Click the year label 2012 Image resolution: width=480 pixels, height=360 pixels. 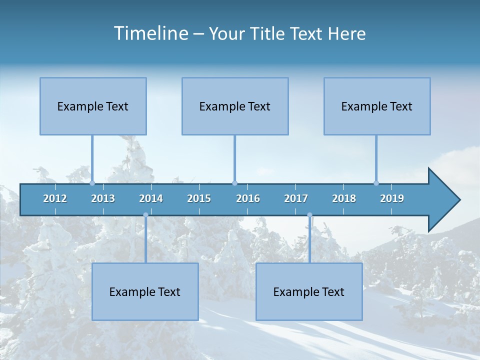click(55, 198)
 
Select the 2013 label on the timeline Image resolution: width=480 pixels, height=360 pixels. click(103, 198)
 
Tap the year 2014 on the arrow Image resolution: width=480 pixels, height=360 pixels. click(151, 198)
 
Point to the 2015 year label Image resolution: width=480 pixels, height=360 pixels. click(199, 198)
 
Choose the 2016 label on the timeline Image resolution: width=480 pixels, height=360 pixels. click(248, 198)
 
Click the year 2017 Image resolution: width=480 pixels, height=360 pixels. click(296, 198)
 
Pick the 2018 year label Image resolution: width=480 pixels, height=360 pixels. click(344, 198)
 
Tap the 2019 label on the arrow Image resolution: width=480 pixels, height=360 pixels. click(392, 198)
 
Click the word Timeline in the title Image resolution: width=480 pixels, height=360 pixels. click(150, 33)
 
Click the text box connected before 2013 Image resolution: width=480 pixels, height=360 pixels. click(93, 106)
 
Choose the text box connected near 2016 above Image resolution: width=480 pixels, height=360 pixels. click(235, 106)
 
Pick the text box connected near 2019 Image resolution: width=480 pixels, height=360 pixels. click(377, 106)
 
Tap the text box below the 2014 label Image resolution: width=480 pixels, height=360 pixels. click(145, 291)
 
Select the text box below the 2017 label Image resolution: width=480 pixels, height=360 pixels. click(309, 291)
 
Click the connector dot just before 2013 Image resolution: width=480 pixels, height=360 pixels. click(92, 183)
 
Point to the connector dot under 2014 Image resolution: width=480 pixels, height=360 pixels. click(145, 215)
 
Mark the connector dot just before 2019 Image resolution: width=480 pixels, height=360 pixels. click(376, 183)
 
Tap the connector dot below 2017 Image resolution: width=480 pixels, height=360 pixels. click(309, 215)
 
